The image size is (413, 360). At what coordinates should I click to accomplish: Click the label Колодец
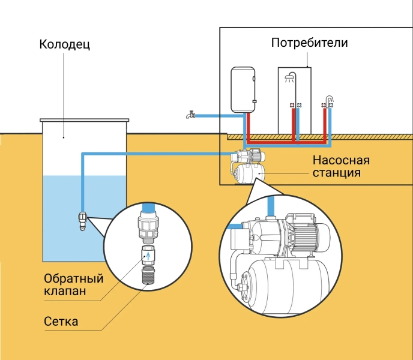tap(64, 44)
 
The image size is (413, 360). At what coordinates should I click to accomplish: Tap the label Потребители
tap(310, 43)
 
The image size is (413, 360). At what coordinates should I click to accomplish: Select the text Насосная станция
tap(340, 167)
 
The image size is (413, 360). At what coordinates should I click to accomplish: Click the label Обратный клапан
tap(74, 285)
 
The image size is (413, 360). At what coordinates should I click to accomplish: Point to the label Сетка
tap(61, 321)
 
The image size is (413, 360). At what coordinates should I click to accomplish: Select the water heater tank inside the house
tap(243, 89)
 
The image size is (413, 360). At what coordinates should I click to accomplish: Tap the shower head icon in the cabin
tap(290, 77)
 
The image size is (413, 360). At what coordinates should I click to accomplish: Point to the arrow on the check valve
tap(147, 256)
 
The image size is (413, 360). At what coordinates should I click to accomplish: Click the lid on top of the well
tap(85, 120)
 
